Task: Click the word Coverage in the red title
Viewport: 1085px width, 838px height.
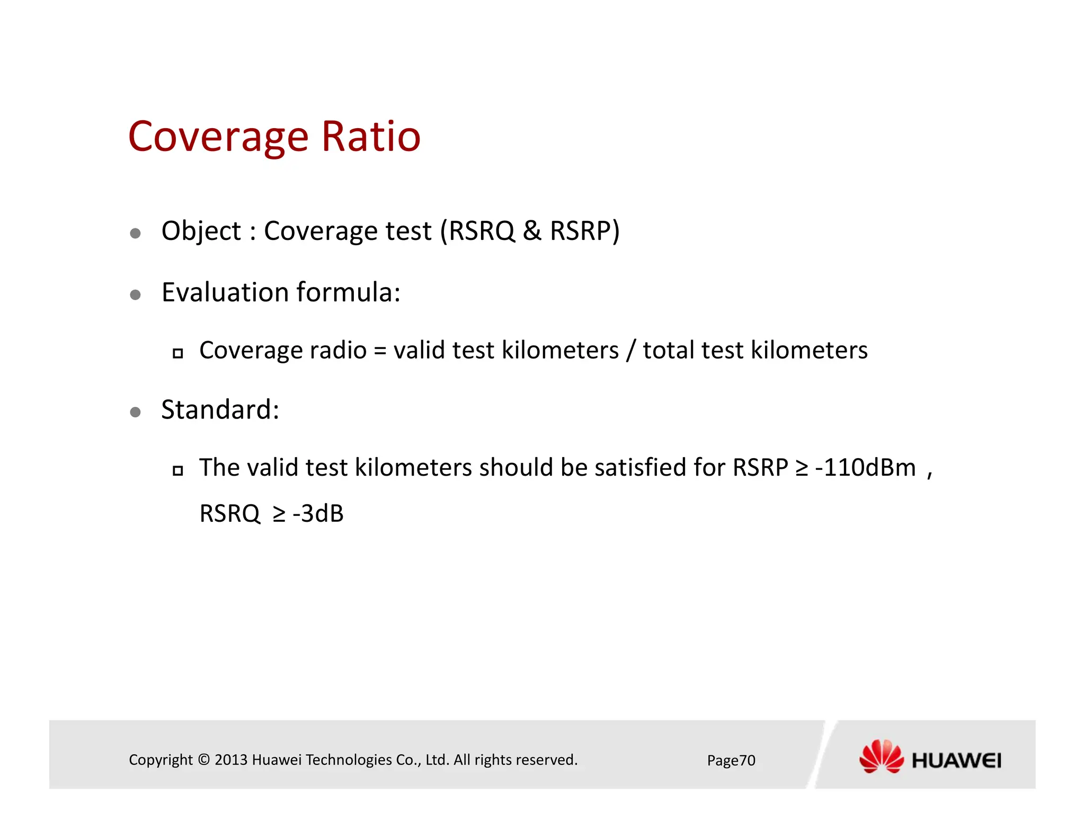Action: point(218,137)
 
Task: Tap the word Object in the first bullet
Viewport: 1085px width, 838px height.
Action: point(201,231)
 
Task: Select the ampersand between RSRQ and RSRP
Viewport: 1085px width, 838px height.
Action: point(532,231)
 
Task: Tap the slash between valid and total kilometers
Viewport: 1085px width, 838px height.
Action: point(630,351)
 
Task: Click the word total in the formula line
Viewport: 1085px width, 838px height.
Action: point(668,351)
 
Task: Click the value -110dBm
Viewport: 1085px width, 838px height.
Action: point(865,468)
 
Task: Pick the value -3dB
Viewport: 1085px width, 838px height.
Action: point(318,514)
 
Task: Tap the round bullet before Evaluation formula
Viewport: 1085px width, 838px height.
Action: point(135,295)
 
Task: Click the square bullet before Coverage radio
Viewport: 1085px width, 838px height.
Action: point(178,353)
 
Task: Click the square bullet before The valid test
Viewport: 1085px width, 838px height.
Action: point(178,470)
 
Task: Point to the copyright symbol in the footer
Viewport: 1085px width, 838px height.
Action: point(203,760)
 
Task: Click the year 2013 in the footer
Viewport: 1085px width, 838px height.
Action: point(231,760)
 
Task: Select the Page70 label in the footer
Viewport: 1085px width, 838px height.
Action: point(731,761)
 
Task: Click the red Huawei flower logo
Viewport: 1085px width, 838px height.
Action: point(881,756)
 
